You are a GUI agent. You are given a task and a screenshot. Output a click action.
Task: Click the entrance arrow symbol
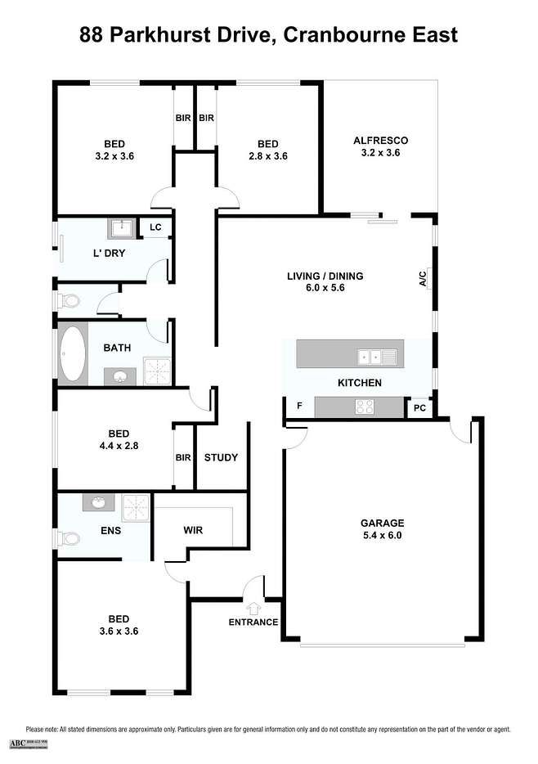[x=253, y=608]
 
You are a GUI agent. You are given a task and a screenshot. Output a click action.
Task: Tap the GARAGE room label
[x=383, y=523]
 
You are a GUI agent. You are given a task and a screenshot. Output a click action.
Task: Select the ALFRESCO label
[x=380, y=140]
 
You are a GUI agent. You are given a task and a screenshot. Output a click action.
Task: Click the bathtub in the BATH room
[x=72, y=356]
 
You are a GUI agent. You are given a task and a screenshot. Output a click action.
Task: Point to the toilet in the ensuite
[x=69, y=538]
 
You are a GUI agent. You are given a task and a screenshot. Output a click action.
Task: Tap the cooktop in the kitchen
[x=363, y=407]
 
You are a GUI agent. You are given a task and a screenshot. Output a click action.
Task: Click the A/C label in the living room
[x=423, y=280]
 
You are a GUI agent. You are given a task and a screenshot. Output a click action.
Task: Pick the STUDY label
[x=221, y=457]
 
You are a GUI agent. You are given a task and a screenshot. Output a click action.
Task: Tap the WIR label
[x=193, y=529]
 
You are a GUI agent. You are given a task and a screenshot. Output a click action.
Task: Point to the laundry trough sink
[x=123, y=227]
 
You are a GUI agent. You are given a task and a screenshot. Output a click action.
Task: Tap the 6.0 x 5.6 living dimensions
[x=325, y=290]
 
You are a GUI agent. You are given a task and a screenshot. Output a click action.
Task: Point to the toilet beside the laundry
[x=69, y=302]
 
